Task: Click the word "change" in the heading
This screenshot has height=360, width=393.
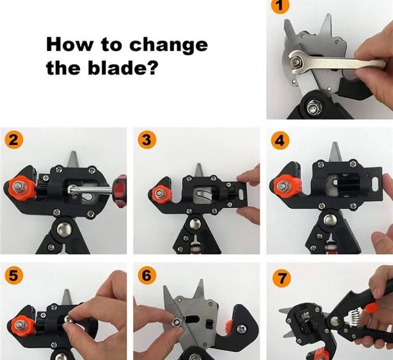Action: [x=169, y=45]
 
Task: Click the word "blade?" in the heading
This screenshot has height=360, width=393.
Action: [x=123, y=68]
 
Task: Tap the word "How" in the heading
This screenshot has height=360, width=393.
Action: [x=69, y=44]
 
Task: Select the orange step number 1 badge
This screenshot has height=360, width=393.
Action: [x=280, y=5]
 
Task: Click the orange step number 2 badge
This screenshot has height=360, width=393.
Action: [x=14, y=140]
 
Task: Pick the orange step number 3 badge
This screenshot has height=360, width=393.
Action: [x=147, y=140]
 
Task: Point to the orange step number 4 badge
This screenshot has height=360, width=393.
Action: [x=280, y=140]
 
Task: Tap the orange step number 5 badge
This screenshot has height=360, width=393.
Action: [x=14, y=275]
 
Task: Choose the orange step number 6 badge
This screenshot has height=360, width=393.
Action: [x=147, y=275]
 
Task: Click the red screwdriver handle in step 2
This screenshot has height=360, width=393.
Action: [x=120, y=191]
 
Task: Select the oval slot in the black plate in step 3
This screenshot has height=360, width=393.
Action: [x=241, y=194]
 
